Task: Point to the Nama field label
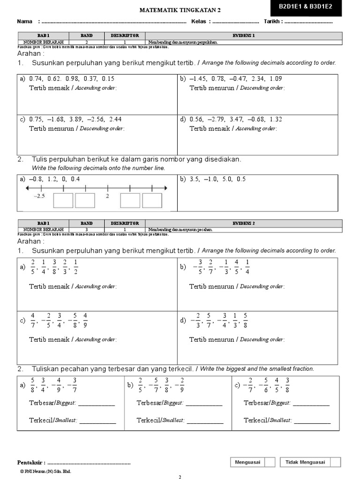point(25,22)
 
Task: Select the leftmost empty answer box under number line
point(63,200)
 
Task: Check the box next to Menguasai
point(270,462)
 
